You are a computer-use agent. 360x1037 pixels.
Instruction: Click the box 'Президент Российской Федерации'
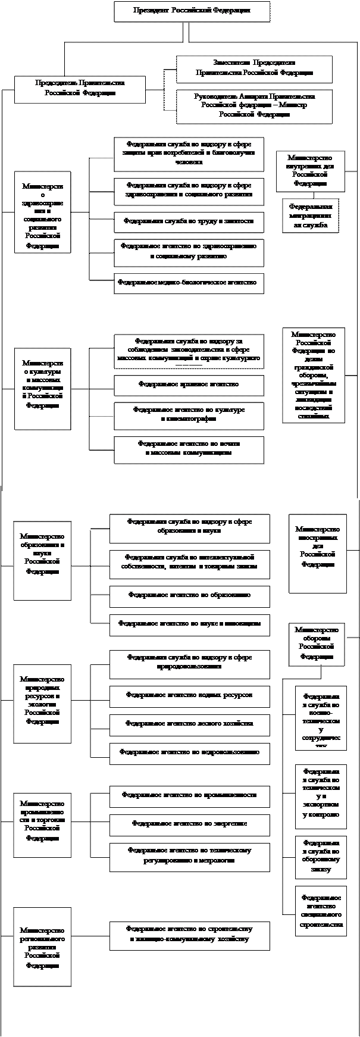coord(191,11)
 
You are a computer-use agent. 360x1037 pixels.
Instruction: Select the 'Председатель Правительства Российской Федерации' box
coord(80,89)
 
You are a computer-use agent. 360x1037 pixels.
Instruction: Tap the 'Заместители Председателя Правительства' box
coord(253,68)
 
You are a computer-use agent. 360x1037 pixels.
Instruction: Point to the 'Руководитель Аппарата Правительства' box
coord(253,105)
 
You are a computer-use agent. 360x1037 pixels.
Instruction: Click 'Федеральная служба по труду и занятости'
coord(189,221)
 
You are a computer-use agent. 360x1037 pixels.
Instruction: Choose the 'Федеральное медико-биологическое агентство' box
coord(189,283)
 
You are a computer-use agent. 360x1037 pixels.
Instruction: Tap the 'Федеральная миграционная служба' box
coord(310,215)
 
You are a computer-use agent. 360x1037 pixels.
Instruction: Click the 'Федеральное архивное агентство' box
coord(189,385)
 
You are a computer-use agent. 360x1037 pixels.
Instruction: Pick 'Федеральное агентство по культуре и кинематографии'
coord(189,414)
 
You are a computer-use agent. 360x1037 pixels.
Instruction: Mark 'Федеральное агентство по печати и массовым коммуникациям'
coord(189,448)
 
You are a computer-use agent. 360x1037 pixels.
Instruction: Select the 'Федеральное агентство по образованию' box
coord(189,595)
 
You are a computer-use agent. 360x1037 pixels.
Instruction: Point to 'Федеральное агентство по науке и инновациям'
coord(189,624)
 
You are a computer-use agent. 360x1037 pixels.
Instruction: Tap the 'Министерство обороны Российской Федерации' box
coord(317,644)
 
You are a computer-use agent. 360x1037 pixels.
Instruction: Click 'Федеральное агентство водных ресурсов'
coord(189,695)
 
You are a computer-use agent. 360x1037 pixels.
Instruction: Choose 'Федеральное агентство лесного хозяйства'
coord(189,724)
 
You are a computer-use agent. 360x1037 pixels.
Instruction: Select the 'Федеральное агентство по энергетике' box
coord(189,824)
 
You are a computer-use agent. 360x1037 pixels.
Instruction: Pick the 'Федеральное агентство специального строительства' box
coord(321,911)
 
